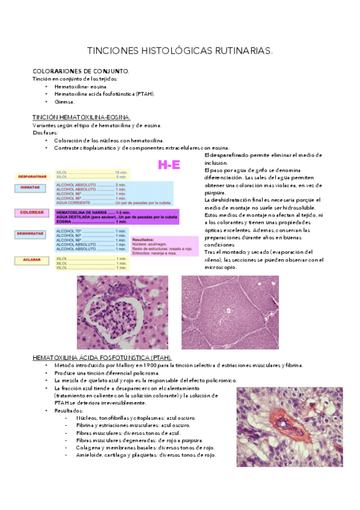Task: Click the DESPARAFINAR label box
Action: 33,177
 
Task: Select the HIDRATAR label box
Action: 33,188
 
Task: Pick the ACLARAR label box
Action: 33,260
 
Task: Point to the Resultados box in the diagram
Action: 163,246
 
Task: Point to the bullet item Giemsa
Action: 64,102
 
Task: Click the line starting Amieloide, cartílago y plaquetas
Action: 146,455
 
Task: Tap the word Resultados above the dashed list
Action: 70,411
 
